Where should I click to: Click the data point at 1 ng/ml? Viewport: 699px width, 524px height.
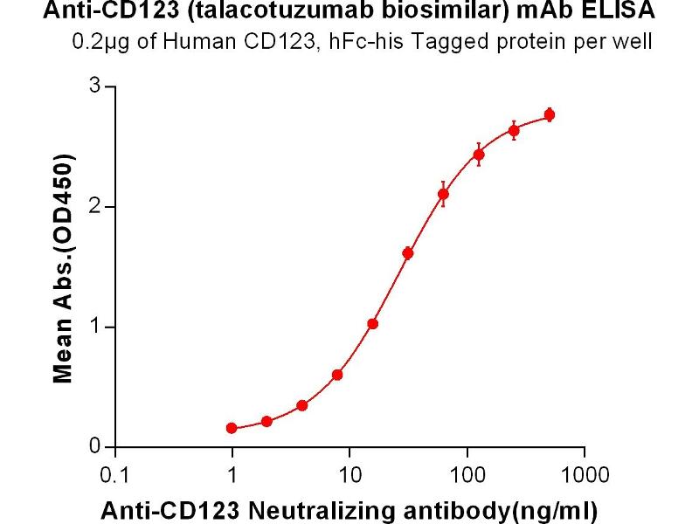pos(232,428)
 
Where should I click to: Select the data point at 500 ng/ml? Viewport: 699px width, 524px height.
pos(550,114)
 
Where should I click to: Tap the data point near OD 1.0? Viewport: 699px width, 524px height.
pos(372,324)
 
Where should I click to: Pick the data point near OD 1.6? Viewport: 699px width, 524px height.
pos(408,253)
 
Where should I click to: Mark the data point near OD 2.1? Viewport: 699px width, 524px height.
pos(443,194)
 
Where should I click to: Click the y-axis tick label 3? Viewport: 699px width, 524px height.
pos(97,86)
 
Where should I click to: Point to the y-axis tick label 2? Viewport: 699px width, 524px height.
pos(97,207)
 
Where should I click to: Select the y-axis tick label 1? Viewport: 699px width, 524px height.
pos(97,327)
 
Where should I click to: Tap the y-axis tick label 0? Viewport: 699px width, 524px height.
pos(97,447)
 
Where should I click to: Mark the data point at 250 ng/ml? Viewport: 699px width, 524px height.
pos(514,131)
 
